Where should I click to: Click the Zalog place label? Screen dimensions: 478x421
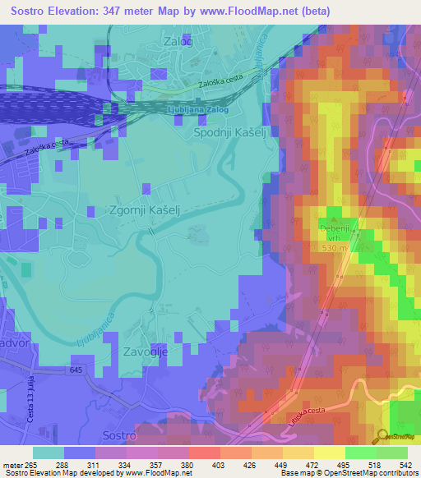pyautogui.click(x=178, y=41)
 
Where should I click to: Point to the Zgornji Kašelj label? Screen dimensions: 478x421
pyautogui.click(x=145, y=210)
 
